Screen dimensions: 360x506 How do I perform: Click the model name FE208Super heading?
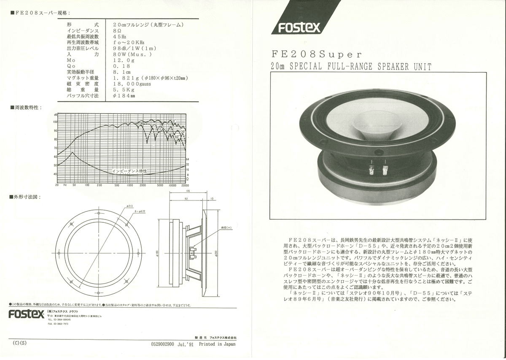(317, 54)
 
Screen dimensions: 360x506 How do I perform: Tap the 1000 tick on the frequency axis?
(130, 185)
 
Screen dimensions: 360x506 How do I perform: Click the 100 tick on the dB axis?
(55, 122)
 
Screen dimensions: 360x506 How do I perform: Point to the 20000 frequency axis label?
(185, 185)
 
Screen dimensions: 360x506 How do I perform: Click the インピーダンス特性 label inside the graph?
(129, 171)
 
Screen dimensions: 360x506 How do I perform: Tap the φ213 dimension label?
(129, 206)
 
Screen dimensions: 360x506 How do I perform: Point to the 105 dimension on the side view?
(188, 191)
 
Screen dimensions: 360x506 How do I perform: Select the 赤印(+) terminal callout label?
(226, 227)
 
